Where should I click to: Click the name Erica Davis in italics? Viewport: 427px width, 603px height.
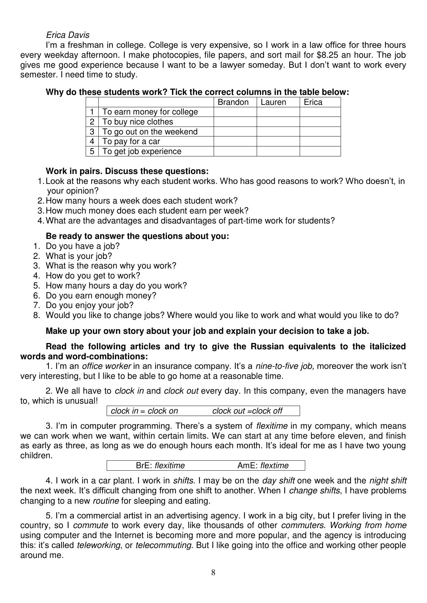click(x=67, y=35)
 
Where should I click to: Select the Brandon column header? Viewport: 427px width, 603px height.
click(x=233, y=102)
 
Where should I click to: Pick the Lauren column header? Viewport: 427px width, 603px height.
click(x=273, y=102)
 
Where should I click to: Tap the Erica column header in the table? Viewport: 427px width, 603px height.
click(x=313, y=102)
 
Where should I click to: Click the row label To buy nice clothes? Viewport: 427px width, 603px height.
click(x=138, y=122)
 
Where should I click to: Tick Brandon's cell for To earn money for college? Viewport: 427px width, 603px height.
click(x=235, y=112)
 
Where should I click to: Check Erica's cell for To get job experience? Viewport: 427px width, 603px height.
click(x=320, y=151)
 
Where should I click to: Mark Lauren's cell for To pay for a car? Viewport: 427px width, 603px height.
click(x=278, y=141)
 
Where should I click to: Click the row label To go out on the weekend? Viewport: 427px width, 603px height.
click(x=150, y=132)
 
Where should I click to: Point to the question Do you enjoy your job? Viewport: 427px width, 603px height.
click(x=89, y=305)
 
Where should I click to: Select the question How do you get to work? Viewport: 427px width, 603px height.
click(x=93, y=276)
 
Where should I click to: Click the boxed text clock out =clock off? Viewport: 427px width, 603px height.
click(x=247, y=411)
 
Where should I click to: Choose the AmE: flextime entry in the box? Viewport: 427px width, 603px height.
click(x=263, y=465)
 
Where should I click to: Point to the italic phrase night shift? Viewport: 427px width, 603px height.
click(x=388, y=481)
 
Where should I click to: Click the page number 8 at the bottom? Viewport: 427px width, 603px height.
click(x=213, y=572)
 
